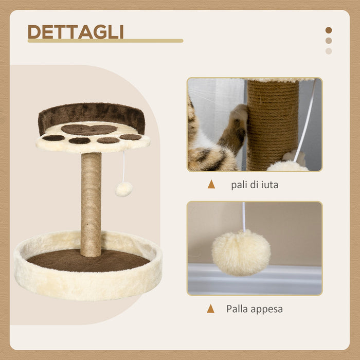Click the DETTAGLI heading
pyautogui.click(x=76, y=31)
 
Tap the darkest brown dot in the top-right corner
pyautogui.click(x=329, y=30)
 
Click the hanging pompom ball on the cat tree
pyautogui.click(x=123, y=189)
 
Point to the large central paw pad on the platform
pyautogui.click(x=89, y=130)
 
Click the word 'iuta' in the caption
pyautogui.click(x=267, y=185)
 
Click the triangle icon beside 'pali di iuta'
pyautogui.click(x=211, y=184)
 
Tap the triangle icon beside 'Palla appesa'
pyautogui.click(x=210, y=309)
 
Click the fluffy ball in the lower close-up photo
pyautogui.click(x=241, y=252)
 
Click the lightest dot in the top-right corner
pyautogui.click(x=329, y=51)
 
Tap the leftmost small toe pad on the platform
pyautogui.click(x=53, y=138)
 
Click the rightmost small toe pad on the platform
pyautogui.click(x=131, y=137)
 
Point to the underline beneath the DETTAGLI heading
pyautogui.click(x=105, y=41)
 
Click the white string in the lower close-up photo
pyautogui.click(x=243, y=216)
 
